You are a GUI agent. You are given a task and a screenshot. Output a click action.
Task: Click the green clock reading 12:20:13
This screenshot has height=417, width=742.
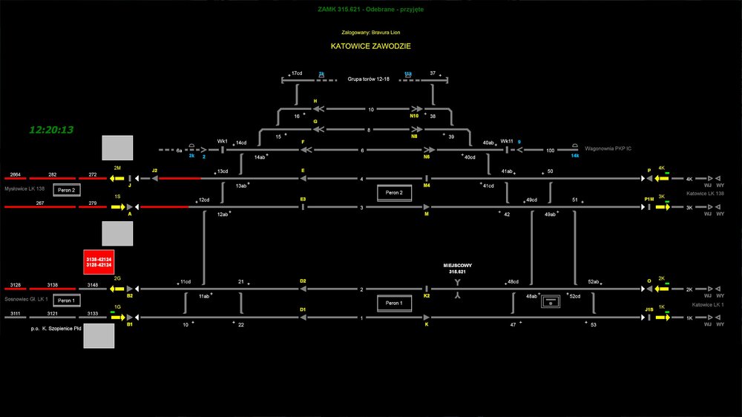[51, 130]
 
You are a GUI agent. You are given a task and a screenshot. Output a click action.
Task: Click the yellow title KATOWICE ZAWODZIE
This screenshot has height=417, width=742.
[371, 46]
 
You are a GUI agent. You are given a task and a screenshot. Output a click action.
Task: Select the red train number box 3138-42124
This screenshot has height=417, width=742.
[99, 261]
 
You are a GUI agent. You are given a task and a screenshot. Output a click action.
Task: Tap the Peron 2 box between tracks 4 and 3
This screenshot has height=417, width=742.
[393, 193]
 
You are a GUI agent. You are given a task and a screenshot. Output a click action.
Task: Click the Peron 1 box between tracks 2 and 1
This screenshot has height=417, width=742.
[393, 303]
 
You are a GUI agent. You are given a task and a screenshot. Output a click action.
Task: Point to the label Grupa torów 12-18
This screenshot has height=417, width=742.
[369, 79]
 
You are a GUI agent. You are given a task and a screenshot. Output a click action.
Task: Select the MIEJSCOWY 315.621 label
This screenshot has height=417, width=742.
[458, 269]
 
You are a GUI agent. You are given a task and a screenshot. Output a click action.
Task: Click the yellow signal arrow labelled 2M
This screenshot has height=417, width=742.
[116, 178]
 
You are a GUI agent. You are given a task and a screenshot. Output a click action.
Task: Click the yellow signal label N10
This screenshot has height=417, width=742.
[414, 116]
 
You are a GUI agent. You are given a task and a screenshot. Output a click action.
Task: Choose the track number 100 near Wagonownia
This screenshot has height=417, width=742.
[550, 150]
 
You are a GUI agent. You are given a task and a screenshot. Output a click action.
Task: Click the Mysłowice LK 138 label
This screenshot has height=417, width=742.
[25, 189]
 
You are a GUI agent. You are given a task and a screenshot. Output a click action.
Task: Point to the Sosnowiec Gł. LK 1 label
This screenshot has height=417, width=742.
[26, 299]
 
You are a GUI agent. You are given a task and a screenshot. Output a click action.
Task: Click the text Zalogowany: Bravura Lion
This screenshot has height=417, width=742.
[370, 33]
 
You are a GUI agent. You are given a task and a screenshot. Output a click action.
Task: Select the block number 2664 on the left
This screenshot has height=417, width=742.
[15, 174]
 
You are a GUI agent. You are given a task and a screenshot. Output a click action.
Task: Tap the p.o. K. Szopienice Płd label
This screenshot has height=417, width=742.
[50, 327]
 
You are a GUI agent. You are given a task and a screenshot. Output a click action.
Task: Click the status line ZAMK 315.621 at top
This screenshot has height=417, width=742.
[370, 10]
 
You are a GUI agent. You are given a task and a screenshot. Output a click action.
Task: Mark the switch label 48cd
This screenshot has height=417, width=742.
[513, 282]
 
